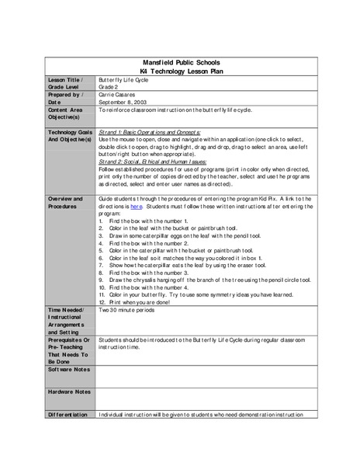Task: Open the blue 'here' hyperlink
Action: pos(136,207)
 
